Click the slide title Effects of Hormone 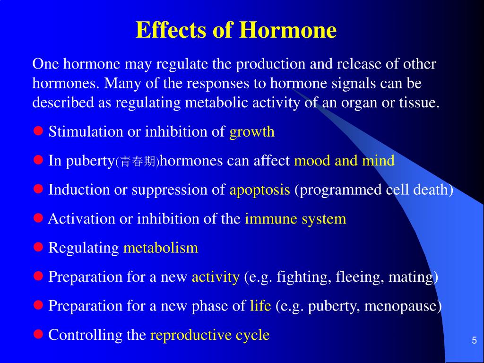click(236, 31)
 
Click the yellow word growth click(252, 132)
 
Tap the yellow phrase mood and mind click(344, 161)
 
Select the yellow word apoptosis click(259, 190)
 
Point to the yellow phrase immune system click(295, 219)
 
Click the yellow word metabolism click(160, 248)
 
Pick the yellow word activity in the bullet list click(216, 277)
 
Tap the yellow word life click(260, 306)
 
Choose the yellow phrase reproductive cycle click(210, 335)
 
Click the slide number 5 click(474, 341)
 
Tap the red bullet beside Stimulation click(38, 130)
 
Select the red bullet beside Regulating click(38, 247)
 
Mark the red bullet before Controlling click(38, 334)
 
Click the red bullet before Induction click(38, 189)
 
